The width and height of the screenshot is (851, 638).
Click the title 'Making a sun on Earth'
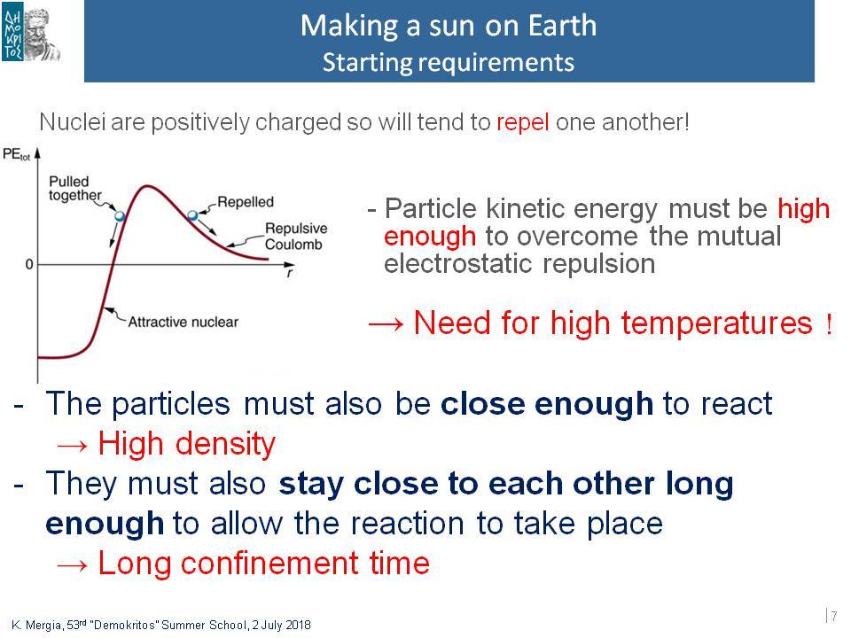click(449, 26)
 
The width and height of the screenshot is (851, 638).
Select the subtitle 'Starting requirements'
click(449, 62)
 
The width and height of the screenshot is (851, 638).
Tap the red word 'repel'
click(523, 122)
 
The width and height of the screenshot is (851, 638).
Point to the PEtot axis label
click(16, 154)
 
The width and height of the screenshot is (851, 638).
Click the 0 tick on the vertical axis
click(28, 264)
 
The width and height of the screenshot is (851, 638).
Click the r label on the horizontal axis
click(290, 272)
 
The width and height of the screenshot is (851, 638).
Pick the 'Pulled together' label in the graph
click(74, 188)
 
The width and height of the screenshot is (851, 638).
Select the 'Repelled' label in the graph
click(246, 202)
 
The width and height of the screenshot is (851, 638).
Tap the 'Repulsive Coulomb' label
click(296, 236)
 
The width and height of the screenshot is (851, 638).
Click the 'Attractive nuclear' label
click(183, 322)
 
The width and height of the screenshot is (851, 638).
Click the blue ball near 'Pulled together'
click(120, 216)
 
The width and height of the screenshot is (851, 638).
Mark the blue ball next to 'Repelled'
click(192, 215)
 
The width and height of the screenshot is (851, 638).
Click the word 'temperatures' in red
click(716, 323)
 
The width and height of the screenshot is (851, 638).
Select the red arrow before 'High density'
click(72, 446)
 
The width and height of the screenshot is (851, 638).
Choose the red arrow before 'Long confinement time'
click(72, 565)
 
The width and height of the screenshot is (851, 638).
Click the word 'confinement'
click(269, 563)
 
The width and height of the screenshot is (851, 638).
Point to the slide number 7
click(834, 617)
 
